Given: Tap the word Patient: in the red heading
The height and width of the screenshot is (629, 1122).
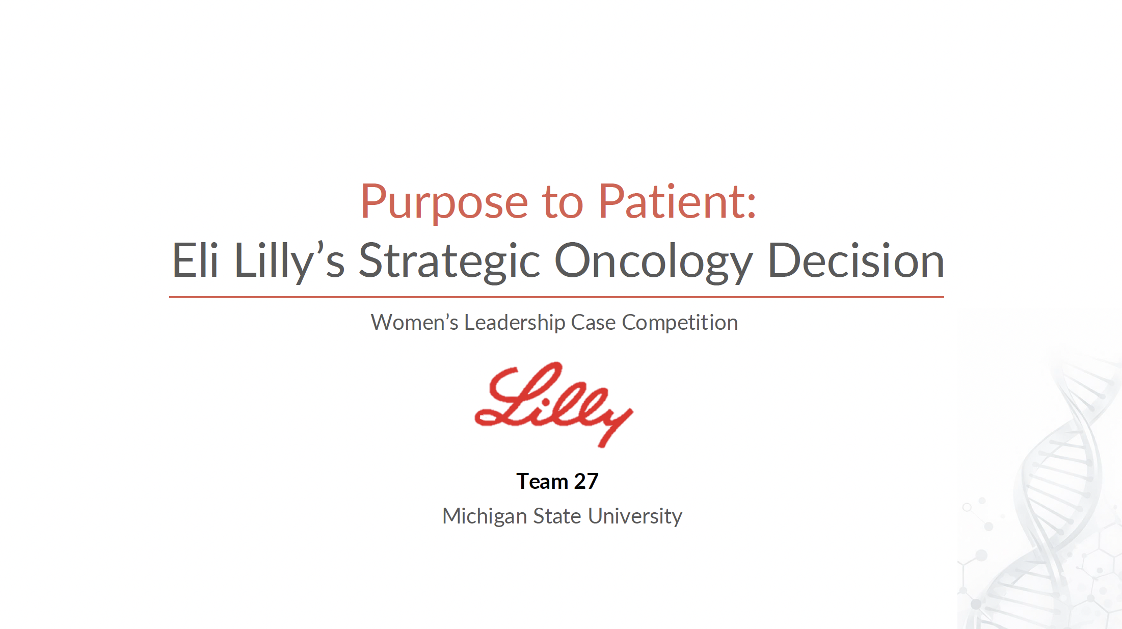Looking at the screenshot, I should pos(677,202).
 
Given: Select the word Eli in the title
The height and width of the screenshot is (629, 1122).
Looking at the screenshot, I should pos(195,261).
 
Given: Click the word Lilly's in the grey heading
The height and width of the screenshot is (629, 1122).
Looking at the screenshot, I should pos(289,261).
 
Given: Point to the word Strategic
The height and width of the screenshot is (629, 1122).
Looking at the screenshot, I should pos(449,261).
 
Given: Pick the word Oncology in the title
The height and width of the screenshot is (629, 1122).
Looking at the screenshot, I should pos(653,261).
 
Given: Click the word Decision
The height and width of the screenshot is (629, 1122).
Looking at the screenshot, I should pos(856,261).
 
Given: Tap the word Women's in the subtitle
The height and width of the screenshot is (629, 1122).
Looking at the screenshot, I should pos(414,323).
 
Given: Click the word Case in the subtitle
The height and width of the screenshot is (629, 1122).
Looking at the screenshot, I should pos(593,323).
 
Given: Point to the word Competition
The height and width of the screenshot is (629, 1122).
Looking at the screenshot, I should pos(680,323).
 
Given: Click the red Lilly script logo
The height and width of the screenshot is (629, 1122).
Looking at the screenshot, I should pos(553,404).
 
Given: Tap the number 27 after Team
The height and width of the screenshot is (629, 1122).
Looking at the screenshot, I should pos(586,481).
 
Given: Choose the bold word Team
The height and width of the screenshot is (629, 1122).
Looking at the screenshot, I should pos(542,481).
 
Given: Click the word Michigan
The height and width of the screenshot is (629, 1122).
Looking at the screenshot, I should pos(485,516).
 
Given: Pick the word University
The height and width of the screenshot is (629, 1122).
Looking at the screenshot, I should pos(635,516).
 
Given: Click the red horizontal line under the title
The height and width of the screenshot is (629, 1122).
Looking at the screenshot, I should pos(556,297).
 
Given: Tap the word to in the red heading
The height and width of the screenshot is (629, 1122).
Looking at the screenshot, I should pos(562,203).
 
